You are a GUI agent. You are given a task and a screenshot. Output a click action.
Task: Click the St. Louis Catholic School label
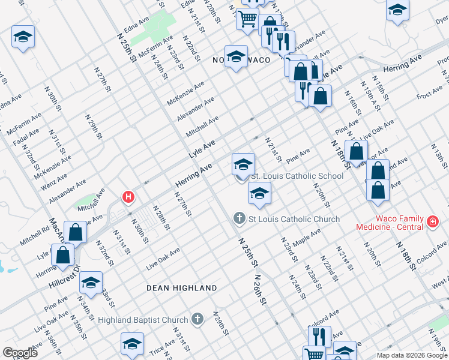click(297, 176)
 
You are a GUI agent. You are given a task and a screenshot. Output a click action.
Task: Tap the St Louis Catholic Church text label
click(294, 219)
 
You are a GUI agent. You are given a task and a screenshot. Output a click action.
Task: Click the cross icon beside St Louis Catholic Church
click(240, 218)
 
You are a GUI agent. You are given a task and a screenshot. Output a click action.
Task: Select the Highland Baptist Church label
click(143, 320)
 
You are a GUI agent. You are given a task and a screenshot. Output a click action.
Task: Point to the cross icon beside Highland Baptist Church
click(198, 320)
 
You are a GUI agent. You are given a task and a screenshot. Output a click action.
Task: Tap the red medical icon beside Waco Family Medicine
click(432, 223)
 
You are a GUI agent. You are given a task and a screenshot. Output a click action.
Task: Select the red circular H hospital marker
click(127, 196)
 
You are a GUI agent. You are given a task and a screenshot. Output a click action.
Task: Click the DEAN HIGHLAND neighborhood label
click(182, 288)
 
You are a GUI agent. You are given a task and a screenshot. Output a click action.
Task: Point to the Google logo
click(20, 353)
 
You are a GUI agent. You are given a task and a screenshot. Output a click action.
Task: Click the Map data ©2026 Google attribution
click(411, 355)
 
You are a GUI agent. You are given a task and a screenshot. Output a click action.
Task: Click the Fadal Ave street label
click(25, 139)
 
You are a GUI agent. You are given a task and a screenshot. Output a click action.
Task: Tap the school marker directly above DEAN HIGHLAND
click(91, 283)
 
